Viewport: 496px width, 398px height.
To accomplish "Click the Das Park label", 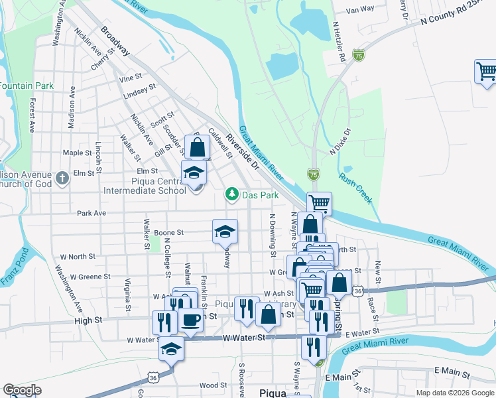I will tap(260, 196).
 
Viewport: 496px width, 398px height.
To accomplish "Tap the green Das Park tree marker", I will tap(231, 194).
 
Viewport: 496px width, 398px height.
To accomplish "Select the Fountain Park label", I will tap(26, 86).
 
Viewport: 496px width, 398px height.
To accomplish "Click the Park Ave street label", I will tap(92, 214).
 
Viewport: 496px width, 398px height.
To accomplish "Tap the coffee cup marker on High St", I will tap(191, 320).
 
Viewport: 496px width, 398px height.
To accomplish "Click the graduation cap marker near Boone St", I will tap(225, 231).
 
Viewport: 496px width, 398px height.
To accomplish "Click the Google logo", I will tap(22, 390).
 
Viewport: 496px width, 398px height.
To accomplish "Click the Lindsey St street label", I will tap(139, 91).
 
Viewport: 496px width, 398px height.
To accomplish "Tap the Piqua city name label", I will tap(272, 393).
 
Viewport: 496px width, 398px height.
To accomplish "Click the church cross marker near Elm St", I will tap(62, 178).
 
